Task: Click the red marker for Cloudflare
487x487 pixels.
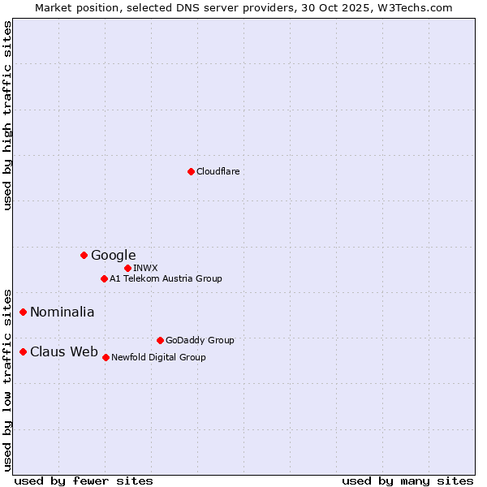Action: [x=191, y=171]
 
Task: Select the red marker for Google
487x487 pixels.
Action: [x=84, y=255]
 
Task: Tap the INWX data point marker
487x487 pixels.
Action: [x=127, y=268]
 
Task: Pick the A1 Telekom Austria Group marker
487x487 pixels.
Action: [x=104, y=278]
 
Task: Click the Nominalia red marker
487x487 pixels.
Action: [x=24, y=312]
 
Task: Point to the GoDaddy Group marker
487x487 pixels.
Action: [x=160, y=340]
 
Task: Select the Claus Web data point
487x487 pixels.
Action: [x=24, y=351]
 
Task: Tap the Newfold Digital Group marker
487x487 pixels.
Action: [x=106, y=357]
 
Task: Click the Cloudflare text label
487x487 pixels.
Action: [x=218, y=171]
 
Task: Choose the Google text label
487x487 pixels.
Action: [x=113, y=255]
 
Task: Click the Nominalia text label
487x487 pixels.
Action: [x=62, y=312]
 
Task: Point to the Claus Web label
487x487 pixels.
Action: [x=63, y=351]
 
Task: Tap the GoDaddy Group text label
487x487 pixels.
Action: [x=199, y=340]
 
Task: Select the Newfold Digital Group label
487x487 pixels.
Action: [x=158, y=357]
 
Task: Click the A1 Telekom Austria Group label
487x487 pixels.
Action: [x=166, y=278]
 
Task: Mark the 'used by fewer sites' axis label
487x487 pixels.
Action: [x=84, y=481]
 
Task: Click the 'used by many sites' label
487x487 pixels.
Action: [x=407, y=481]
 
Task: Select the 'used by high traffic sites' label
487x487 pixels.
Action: [x=7, y=115]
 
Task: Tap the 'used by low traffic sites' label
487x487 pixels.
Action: [x=7, y=379]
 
